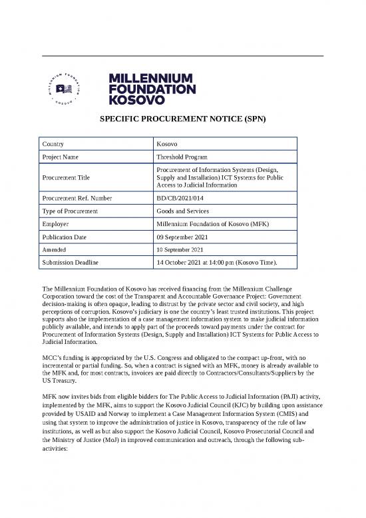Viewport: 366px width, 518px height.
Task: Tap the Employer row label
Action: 56,225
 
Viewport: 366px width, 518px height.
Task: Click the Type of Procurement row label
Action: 69,211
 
